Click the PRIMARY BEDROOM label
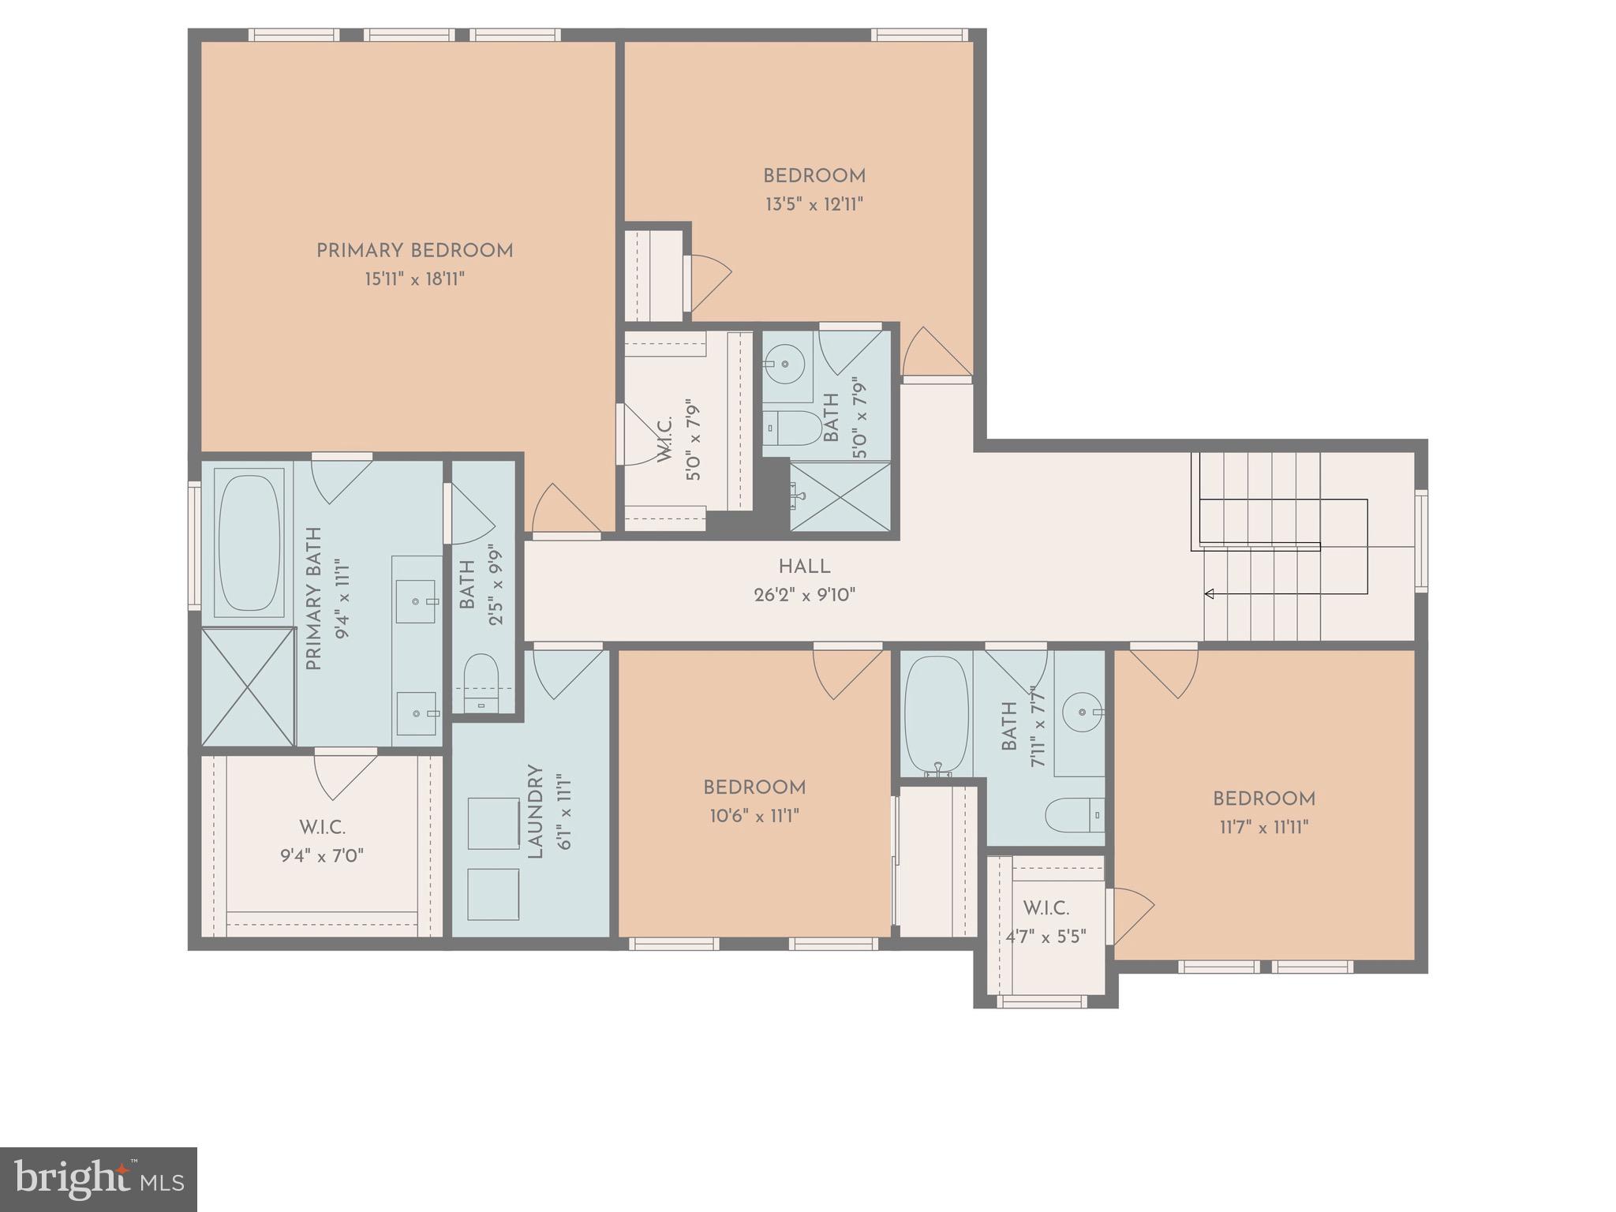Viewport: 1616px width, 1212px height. click(414, 251)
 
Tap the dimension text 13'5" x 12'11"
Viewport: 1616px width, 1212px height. click(814, 205)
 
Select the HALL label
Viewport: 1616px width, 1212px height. click(804, 567)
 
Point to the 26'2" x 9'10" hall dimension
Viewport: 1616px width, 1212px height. click(804, 595)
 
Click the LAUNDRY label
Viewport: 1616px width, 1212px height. click(536, 811)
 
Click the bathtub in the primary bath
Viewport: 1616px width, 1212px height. click(249, 543)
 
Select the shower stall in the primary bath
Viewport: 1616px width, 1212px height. click(248, 686)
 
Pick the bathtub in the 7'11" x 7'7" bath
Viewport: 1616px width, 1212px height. click(937, 714)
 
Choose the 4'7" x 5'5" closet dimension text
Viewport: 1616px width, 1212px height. click(1046, 937)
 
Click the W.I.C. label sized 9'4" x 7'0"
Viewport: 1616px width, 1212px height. click(322, 828)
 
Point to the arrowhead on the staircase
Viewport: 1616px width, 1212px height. click(1208, 594)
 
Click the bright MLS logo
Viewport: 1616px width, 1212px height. click(98, 1180)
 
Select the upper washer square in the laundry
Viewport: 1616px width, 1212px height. click(493, 823)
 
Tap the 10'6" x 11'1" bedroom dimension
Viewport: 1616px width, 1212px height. click(754, 816)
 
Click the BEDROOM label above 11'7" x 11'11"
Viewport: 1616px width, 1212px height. click(1263, 799)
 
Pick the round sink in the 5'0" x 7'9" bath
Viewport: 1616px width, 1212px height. click(784, 364)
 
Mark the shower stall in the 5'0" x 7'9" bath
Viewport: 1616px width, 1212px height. click(840, 496)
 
